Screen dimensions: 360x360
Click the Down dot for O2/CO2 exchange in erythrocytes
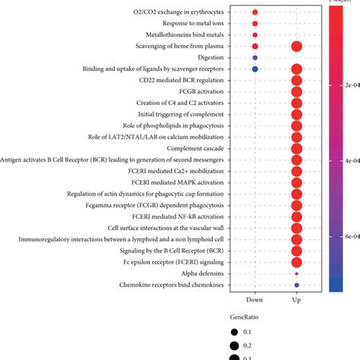click(x=255, y=13)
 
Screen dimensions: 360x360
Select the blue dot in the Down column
click(x=255, y=69)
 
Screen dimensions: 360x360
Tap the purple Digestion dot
click(x=255, y=58)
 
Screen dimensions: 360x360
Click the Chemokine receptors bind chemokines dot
click(x=296, y=285)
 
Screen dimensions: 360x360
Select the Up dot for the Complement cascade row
click(x=296, y=148)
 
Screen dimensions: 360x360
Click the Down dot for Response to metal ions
click(x=255, y=24)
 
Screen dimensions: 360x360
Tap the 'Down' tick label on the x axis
click(x=255, y=301)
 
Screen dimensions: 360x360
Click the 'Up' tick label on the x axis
click(x=296, y=301)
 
